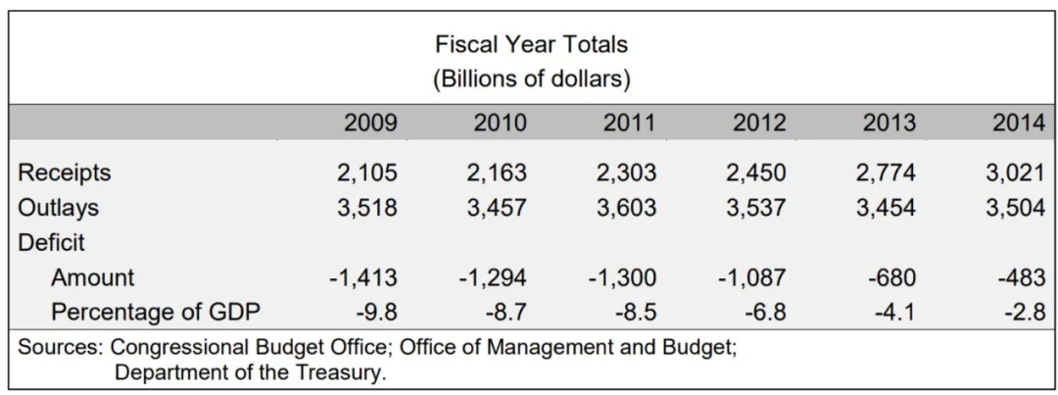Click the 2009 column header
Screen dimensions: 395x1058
click(370, 123)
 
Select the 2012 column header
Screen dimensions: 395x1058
click(759, 123)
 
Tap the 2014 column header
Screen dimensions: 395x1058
click(1019, 123)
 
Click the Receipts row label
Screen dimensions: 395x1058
click(65, 173)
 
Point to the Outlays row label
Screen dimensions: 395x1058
click(59, 208)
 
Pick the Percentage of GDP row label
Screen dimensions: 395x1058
click(156, 312)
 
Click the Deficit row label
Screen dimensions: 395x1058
click(51, 242)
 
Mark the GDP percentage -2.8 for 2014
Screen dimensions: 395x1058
click(1024, 312)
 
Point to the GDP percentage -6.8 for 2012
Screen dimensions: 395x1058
click(764, 312)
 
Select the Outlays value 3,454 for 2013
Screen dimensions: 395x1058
click(889, 208)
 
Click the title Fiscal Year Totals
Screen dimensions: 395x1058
click(531, 44)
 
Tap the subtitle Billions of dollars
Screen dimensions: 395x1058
click(531, 77)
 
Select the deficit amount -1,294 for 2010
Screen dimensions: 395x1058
click(493, 277)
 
